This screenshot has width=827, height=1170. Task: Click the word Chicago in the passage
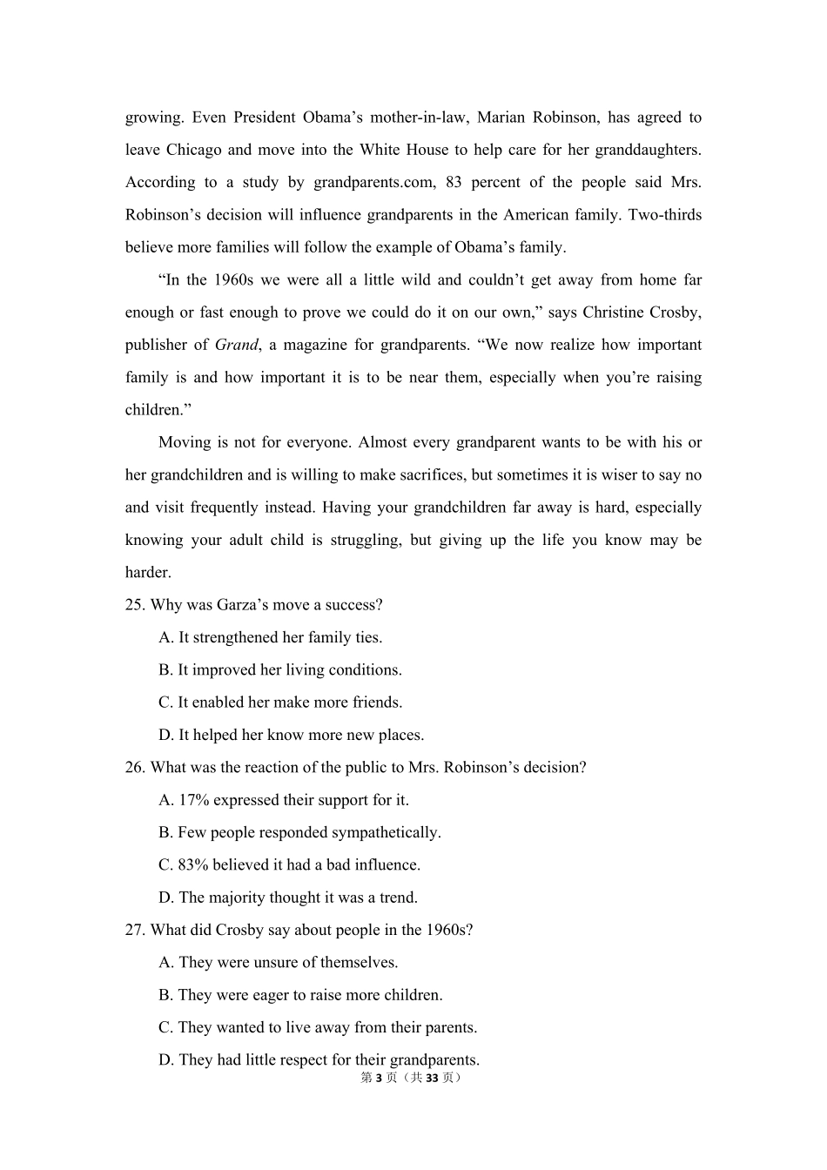(x=193, y=150)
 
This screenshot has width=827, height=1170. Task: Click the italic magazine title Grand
(x=236, y=345)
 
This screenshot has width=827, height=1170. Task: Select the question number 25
(x=134, y=605)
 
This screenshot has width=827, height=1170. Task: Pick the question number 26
(x=134, y=768)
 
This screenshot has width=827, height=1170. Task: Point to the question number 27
(x=134, y=930)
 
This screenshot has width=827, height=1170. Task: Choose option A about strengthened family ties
(x=270, y=637)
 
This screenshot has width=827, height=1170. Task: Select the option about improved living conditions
(x=279, y=670)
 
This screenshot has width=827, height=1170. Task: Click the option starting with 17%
(x=283, y=800)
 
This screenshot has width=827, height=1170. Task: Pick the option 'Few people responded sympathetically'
(x=299, y=832)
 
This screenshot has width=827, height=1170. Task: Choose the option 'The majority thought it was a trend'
(x=287, y=898)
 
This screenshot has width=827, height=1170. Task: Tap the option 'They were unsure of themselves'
(x=278, y=963)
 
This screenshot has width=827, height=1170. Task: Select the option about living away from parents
(x=318, y=1027)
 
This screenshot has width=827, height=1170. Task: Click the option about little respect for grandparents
(x=319, y=1060)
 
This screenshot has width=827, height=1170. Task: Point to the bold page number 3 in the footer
(x=379, y=1078)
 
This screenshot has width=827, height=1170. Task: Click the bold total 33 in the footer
(x=432, y=1078)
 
